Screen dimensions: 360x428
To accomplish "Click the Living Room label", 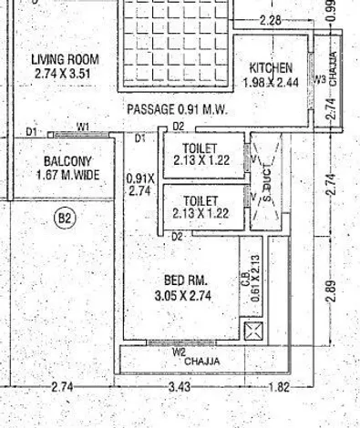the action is pos(65,59).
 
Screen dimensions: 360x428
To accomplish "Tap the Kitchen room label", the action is pos(271,68).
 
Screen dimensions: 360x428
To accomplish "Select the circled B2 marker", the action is pos(65,218).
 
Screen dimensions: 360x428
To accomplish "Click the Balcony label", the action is pos(67,161).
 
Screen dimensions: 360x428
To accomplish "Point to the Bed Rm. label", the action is pos(186,280).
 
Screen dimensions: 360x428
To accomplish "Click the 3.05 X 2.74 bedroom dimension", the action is pos(183,295).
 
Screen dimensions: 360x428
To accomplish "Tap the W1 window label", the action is pos(82,127).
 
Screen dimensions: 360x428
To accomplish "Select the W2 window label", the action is pos(179,352).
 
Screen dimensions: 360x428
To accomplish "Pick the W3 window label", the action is pos(320,80).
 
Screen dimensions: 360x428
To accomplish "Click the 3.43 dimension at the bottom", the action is pos(180,387).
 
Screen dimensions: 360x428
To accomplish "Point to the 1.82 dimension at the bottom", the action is pos(279,387).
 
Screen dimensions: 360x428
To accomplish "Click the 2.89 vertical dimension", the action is pos(332,290).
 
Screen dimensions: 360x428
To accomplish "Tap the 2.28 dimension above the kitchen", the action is pos(271,21).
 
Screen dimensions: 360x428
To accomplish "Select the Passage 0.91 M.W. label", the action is pos(177,109).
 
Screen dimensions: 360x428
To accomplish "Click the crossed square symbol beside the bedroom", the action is pos(253,331).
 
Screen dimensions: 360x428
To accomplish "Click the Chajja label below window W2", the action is pos(202,362).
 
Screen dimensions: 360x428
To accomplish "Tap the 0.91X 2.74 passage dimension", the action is pos(140,185).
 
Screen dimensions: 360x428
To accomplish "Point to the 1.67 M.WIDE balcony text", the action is pos(68,175).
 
